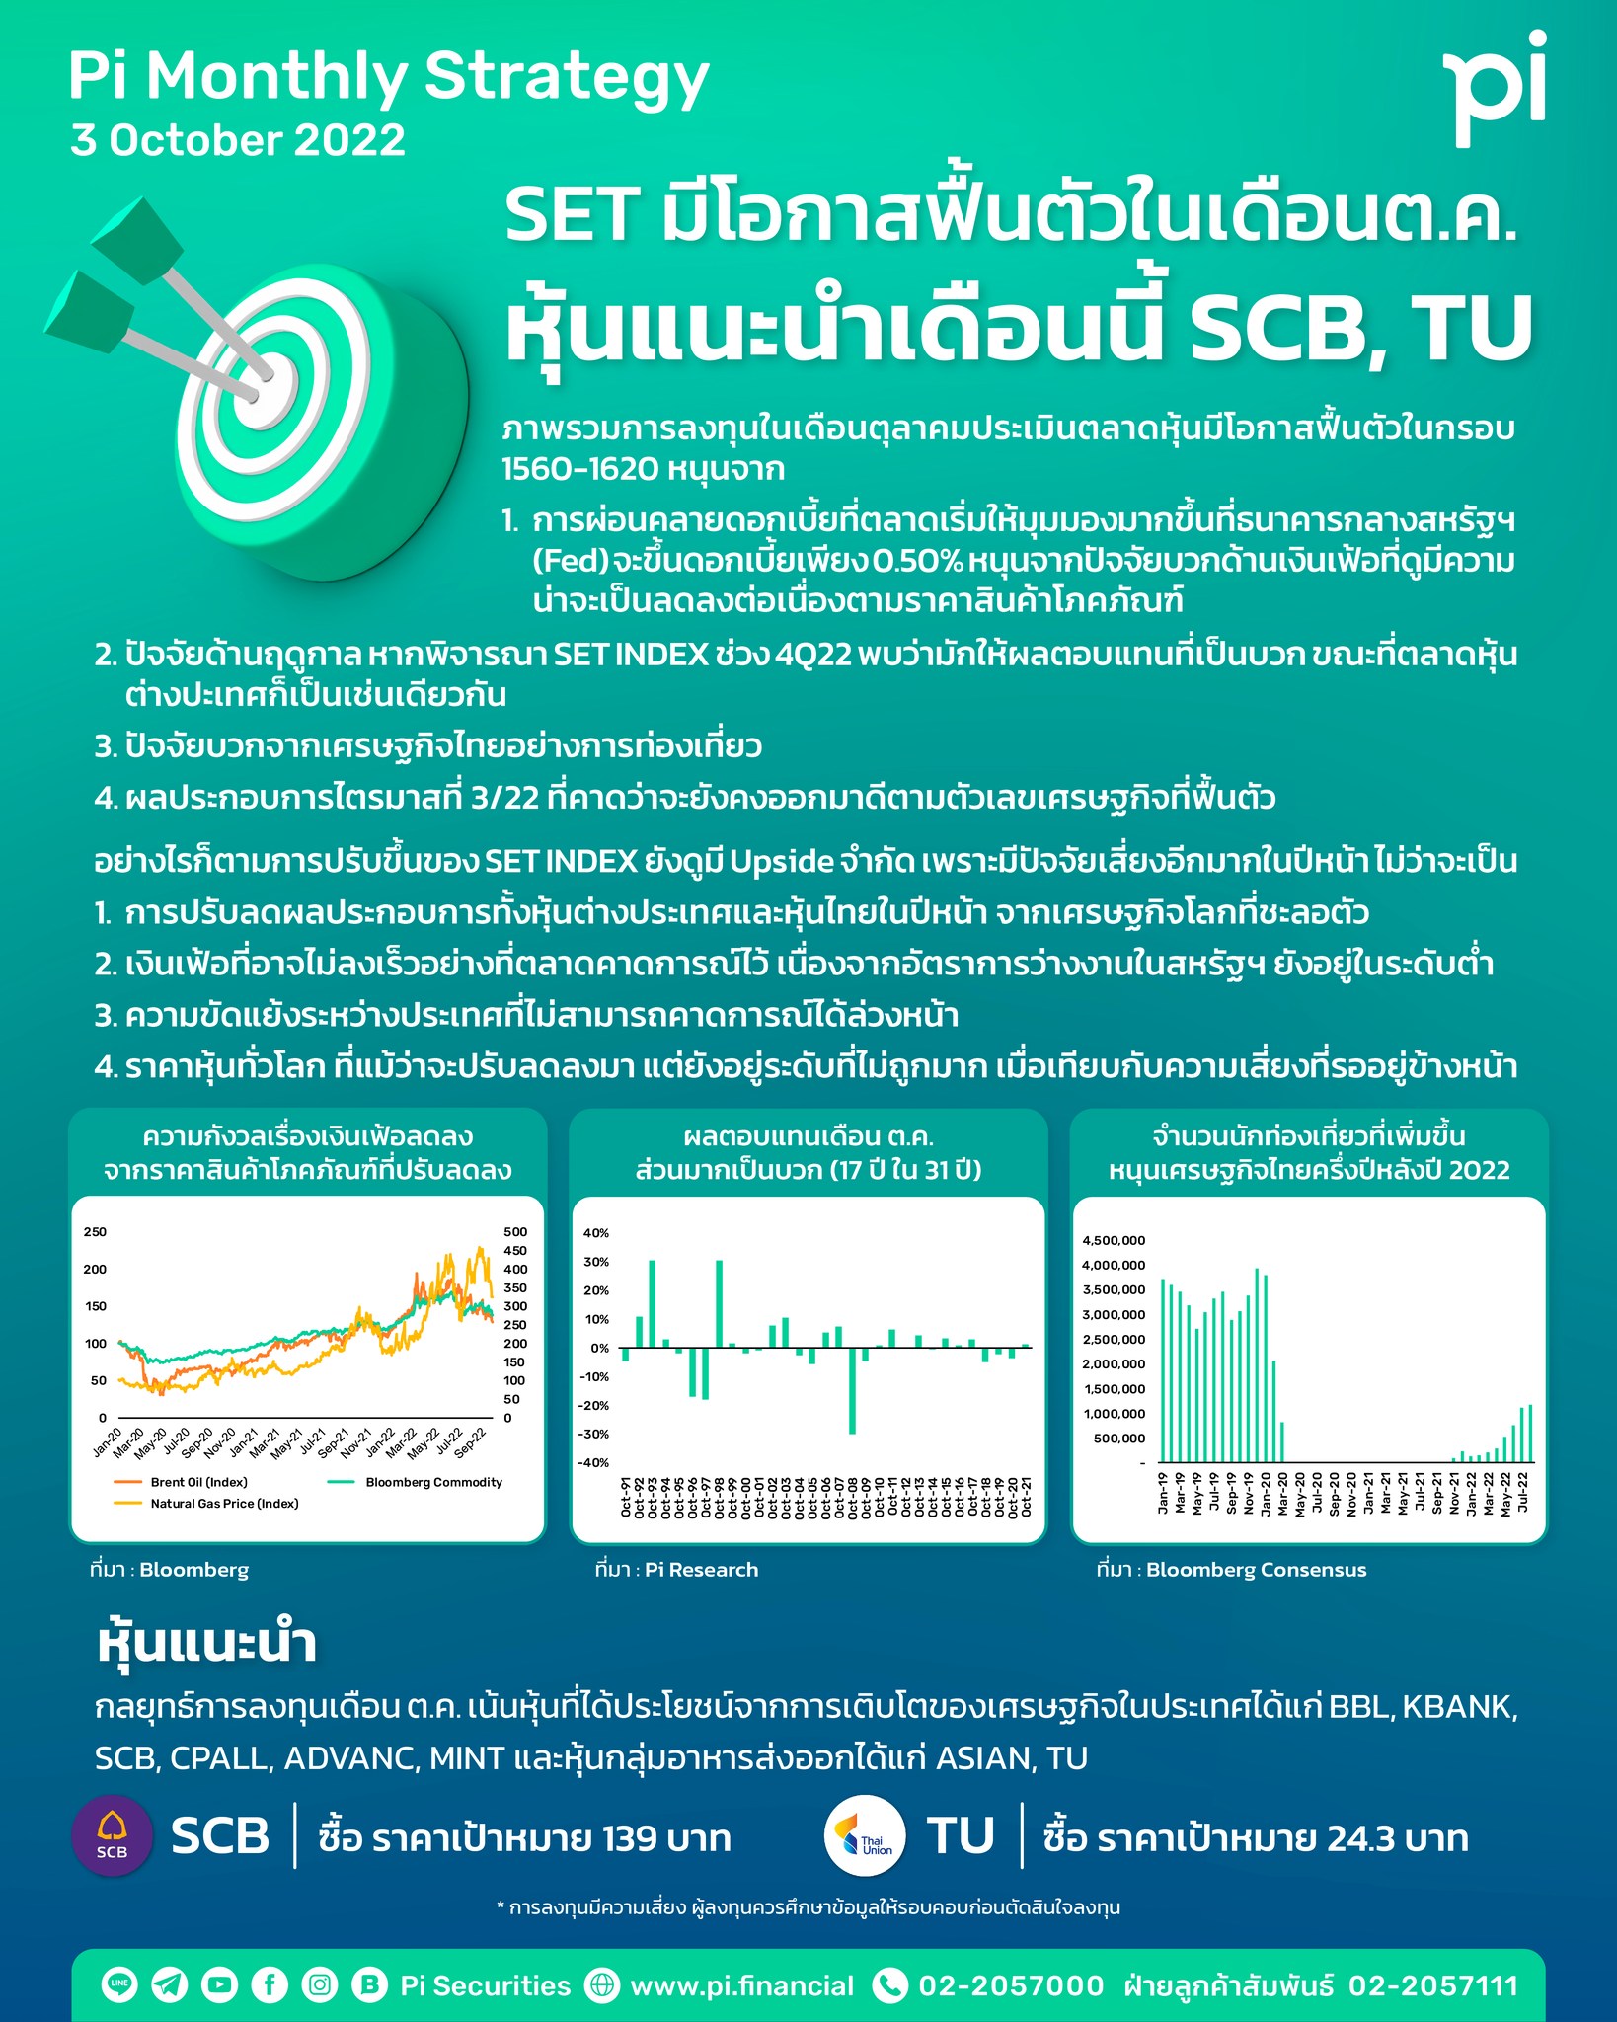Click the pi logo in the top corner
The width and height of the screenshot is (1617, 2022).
[x=1494, y=89]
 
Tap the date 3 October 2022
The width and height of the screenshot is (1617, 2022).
[x=238, y=140]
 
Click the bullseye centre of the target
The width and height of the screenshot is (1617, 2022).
[x=259, y=395]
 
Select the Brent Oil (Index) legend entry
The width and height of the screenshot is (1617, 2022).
[x=198, y=1482]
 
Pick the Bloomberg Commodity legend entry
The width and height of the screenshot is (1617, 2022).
[x=432, y=1482]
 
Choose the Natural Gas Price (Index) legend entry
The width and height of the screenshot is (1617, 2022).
[x=223, y=1504]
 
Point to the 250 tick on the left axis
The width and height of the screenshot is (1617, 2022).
[x=95, y=1232]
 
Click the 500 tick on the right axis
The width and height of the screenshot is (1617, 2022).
[x=515, y=1232]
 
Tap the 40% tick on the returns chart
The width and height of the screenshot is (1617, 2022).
[x=596, y=1233]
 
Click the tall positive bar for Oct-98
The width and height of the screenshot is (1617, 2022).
[x=719, y=1303]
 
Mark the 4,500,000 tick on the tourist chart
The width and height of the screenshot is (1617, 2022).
[x=1114, y=1241]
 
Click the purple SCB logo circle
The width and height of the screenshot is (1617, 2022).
[x=113, y=1835]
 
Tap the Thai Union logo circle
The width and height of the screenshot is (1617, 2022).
[x=865, y=1835]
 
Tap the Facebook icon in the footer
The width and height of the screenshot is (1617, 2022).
[x=269, y=1985]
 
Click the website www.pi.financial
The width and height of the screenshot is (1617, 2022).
[x=741, y=1985]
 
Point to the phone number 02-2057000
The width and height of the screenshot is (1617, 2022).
[x=1010, y=1985]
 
